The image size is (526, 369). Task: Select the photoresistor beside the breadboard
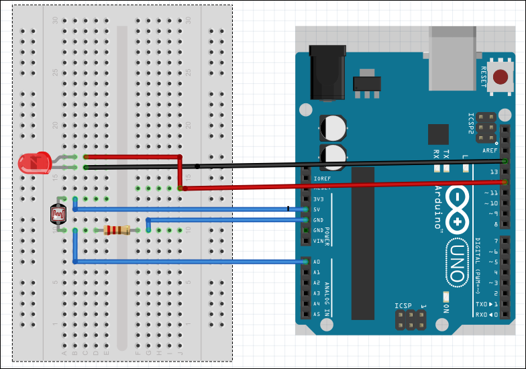coord(58,214)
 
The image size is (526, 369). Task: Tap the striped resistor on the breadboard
coord(117,230)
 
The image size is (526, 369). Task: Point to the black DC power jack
coord(327,73)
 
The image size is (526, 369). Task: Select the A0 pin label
coord(317,262)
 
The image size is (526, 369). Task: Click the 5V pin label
coord(318,209)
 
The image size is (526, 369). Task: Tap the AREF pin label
coord(490,151)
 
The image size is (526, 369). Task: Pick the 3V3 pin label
coord(319,199)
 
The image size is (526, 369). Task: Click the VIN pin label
coord(318,241)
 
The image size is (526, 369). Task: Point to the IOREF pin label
coord(321,178)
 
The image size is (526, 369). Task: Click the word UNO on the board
coord(456,256)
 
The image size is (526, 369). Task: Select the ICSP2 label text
coord(471,125)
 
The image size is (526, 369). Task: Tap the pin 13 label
coord(495,172)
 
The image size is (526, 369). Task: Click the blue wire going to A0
coord(188,261)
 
